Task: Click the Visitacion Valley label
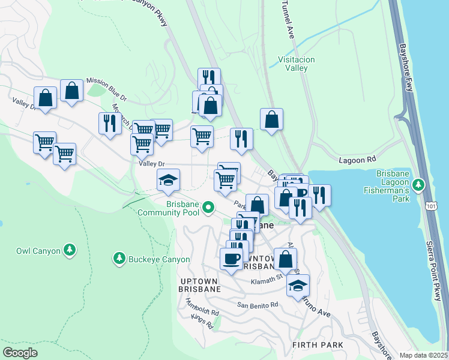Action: tap(293, 64)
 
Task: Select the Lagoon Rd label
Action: tap(357, 161)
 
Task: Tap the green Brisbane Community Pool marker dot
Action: tap(208, 208)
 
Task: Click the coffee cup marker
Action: tap(231, 259)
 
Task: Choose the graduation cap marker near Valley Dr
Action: tap(168, 179)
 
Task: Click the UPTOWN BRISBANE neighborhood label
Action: tap(200, 284)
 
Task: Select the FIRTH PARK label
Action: tap(318, 345)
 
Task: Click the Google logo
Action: tap(20, 352)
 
